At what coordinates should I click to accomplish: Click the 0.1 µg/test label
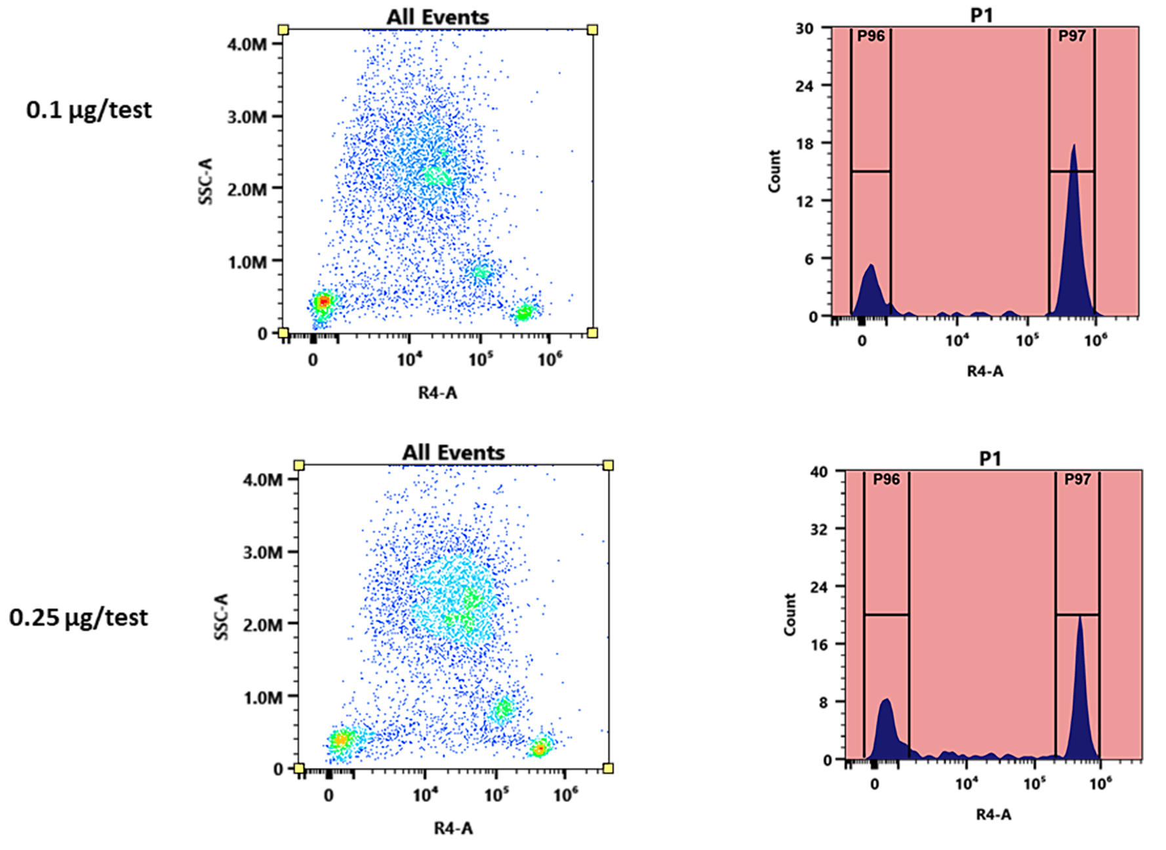pos(89,110)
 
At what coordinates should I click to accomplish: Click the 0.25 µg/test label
pos(79,618)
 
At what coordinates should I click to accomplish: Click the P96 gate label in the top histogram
pos(871,37)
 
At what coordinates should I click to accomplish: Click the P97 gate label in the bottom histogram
pos(1077,479)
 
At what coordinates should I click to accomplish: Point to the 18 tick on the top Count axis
pos(805,143)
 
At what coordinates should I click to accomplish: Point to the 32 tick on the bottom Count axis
pos(819,529)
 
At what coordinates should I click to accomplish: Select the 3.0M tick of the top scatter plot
pos(247,117)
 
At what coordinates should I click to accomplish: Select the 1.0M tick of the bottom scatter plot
pos(263,698)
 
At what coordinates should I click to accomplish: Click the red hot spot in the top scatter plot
pos(322,302)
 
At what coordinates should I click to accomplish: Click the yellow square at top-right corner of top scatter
pos(592,30)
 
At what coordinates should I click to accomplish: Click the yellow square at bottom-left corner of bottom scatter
pos(299,768)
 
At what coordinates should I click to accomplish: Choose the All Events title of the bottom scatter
pos(453,453)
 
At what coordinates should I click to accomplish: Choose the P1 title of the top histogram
pos(982,14)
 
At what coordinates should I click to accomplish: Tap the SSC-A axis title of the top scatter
pos(206,181)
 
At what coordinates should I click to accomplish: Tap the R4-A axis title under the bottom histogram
pos(993,815)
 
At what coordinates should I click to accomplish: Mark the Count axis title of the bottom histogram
pos(790,615)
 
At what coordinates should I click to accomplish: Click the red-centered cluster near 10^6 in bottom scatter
pos(539,748)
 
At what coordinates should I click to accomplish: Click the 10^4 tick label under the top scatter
pos(409,359)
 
